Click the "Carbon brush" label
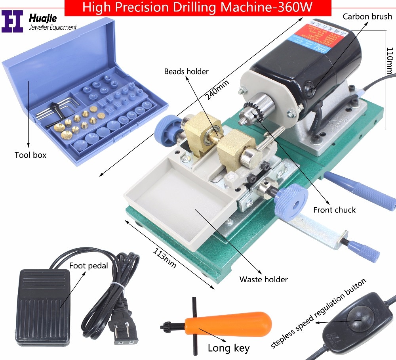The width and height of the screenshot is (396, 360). pos(367,17)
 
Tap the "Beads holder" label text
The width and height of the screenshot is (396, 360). pos(187,71)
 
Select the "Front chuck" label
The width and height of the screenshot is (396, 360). pos(334,210)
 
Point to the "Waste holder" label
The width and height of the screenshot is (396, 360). pos(263,279)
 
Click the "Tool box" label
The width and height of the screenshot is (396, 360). pos(30,155)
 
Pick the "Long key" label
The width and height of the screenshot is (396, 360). pos(228,348)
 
